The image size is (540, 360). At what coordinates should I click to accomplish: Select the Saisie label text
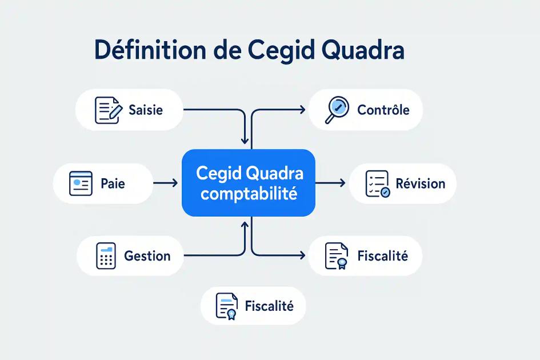point(146,110)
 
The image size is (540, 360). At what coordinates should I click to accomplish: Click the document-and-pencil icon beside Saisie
point(108,110)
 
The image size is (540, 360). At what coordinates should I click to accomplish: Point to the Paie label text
point(113,184)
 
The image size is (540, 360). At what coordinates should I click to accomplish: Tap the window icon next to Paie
point(81,184)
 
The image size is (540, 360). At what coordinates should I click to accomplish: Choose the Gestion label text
point(147,256)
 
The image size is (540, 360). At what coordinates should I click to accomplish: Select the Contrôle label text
point(383,110)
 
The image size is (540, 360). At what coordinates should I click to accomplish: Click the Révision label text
point(421,184)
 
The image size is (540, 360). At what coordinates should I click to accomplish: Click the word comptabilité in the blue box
point(249,194)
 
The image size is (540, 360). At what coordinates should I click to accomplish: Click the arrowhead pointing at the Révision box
point(341,183)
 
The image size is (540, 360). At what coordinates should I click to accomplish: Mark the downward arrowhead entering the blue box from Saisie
point(245,139)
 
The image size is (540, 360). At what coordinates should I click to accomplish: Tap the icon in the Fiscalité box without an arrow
point(227,306)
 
